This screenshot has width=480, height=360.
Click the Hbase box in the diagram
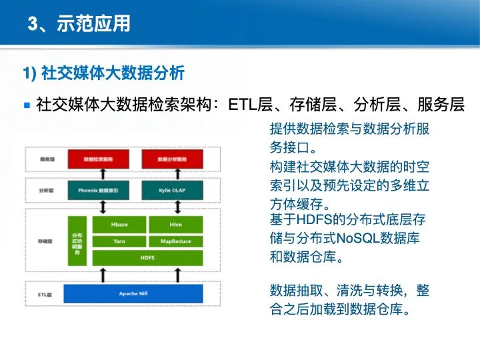(x=119, y=225)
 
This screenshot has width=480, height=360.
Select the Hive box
(x=175, y=225)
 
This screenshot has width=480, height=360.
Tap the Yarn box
(x=119, y=241)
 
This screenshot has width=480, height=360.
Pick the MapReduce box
(x=175, y=241)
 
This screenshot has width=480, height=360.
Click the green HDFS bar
(x=147, y=257)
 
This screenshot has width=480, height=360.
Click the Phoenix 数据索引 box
(x=98, y=190)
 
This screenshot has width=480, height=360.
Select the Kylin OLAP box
(x=171, y=190)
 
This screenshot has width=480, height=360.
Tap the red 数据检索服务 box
(x=98, y=159)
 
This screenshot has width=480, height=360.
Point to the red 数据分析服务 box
(x=171, y=159)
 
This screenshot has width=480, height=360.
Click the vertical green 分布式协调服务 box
(x=77, y=241)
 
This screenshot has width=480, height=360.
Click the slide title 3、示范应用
(x=79, y=25)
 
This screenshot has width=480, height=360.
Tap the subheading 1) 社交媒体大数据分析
(x=103, y=72)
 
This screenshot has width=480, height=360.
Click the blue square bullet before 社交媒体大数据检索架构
(x=27, y=105)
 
